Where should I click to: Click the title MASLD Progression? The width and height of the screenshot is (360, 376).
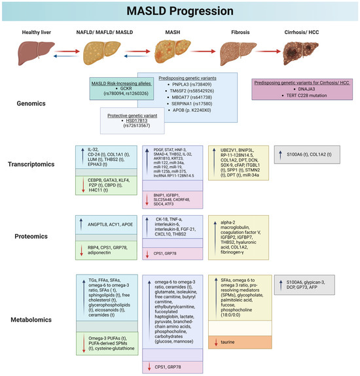click(180, 10)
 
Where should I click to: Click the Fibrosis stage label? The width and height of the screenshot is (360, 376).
click(243, 29)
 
